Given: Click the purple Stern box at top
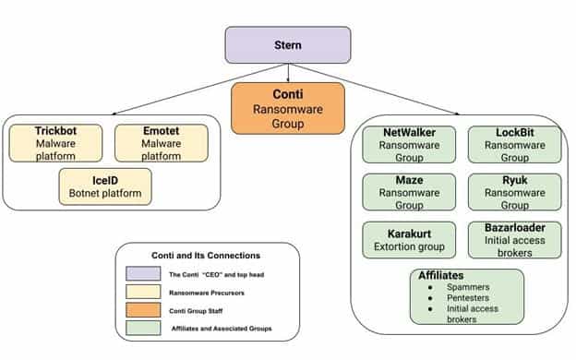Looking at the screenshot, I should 288,43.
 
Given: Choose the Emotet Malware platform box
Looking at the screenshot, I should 161,143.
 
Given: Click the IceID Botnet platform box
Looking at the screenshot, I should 105,186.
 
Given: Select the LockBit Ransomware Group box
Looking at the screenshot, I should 514,144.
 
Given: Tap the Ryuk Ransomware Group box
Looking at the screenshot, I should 514,193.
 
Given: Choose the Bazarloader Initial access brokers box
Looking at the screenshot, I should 514,240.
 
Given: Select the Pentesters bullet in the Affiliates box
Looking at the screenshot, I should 462,298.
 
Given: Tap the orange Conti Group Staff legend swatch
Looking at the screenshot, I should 144,310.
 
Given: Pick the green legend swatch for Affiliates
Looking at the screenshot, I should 144,328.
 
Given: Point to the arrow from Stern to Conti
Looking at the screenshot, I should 288,72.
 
